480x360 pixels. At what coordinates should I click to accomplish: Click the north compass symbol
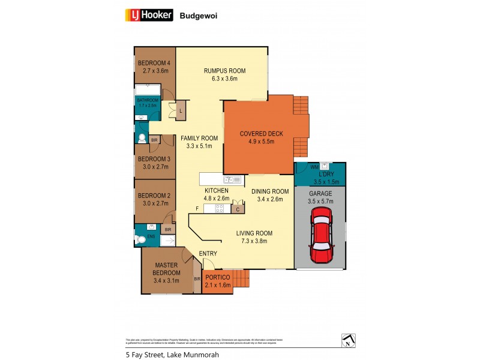(x=347, y=340)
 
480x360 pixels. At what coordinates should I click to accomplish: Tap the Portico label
(x=217, y=277)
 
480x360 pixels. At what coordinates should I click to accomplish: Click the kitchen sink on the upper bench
(x=231, y=179)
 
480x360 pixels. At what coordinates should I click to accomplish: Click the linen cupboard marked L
(x=181, y=110)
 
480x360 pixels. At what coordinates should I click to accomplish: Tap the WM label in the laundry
(x=313, y=167)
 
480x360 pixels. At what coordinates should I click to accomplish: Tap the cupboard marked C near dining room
(x=238, y=209)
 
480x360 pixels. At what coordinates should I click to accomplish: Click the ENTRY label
(x=208, y=254)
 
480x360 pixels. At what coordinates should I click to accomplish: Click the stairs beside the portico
(x=240, y=279)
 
